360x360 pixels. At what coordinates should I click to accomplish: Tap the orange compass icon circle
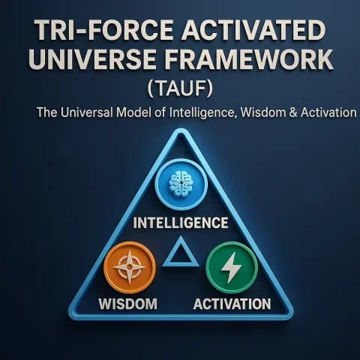click(130, 267)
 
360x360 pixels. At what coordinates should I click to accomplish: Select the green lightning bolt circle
click(231, 267)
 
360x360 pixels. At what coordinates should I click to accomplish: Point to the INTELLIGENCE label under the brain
click(180, 223)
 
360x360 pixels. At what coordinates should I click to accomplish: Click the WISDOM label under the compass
click(128, 304)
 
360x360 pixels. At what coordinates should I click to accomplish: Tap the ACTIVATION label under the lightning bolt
click(232, 304)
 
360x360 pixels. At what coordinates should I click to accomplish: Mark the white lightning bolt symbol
click(231, 267)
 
